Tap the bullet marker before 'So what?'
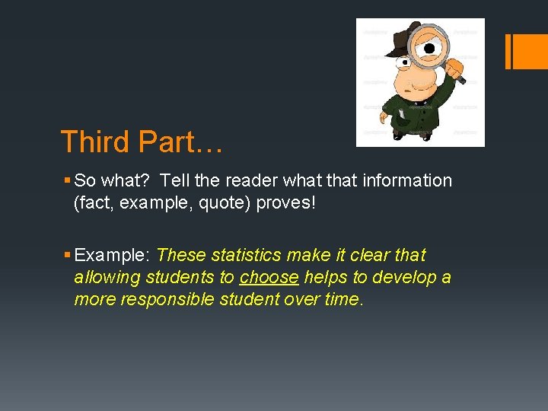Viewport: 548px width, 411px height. pyautogui.click(x=68, y=180)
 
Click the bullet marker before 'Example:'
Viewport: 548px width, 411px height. pyautogui.click(x=68, y=255)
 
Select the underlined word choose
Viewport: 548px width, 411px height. pyautogui.click(x=269, y=277)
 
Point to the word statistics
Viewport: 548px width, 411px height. pyautogui.click(x=244, y=255)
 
